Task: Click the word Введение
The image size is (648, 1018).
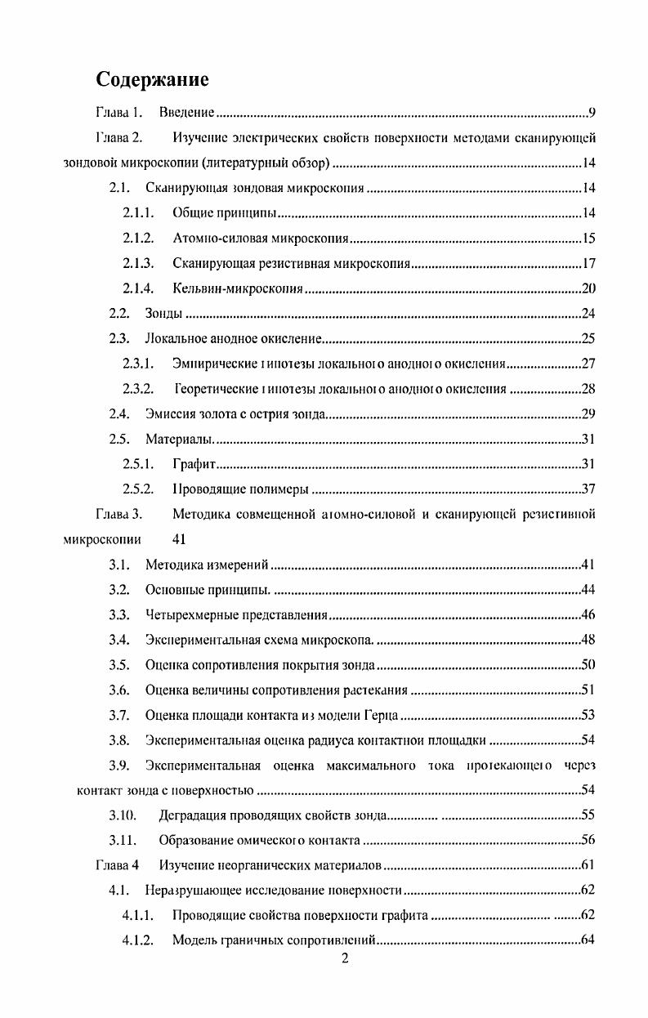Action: (186, 113)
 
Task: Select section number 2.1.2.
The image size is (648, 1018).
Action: (138, 239)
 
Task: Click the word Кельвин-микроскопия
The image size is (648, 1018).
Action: (238, 288)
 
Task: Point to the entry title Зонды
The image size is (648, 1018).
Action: (163, 314)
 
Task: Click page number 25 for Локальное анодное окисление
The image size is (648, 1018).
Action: (588, 339)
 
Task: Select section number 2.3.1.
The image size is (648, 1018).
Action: (138, 364)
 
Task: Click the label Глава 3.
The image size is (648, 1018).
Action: (119, 515)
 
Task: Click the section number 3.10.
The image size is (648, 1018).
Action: (123, 816)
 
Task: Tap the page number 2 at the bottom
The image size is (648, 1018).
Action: (345, 959)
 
